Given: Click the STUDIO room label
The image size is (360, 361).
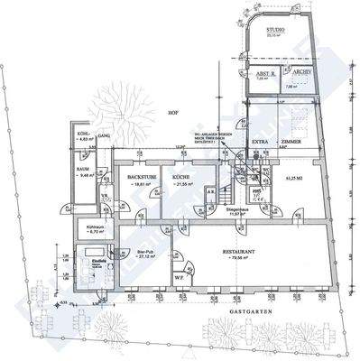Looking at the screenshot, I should [274, 31].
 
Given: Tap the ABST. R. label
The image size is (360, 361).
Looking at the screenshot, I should [265, 74].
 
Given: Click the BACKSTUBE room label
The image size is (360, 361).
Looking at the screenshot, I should [142, 176].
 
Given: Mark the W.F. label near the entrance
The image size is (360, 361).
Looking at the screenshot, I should [180, 278].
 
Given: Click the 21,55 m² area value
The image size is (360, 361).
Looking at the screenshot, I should [185, 183].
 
